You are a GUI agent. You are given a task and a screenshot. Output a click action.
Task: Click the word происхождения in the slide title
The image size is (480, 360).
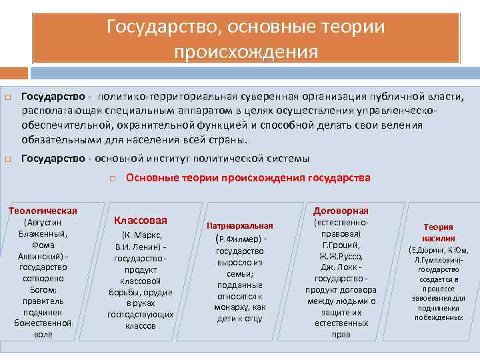(x=246, y=51)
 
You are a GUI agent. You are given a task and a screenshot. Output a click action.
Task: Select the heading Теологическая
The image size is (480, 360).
(x=43, y=211)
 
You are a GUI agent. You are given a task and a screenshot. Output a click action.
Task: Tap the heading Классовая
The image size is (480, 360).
(x=141, y=220)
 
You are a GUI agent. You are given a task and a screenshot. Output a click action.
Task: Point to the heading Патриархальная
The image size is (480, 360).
(x=240, y=226)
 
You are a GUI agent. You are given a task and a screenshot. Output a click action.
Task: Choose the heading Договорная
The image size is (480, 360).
(x=341, y=210)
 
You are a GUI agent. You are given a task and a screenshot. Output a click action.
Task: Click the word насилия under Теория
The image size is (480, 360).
(x=438, y=238)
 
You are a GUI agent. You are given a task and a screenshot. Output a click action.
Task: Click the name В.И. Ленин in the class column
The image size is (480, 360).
(x=136, y=247)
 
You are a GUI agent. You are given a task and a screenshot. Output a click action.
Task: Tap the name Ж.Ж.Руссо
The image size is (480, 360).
(x=341, y=255)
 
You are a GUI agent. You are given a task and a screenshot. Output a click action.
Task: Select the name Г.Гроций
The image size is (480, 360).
(x=341, y=245)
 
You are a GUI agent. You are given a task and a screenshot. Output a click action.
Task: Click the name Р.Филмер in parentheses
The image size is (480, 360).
(x=235, y=239)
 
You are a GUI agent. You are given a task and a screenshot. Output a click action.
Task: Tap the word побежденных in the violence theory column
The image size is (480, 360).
(x=438, y=318)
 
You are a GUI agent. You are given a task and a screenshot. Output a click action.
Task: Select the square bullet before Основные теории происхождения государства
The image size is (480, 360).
(x=114, y=179)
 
